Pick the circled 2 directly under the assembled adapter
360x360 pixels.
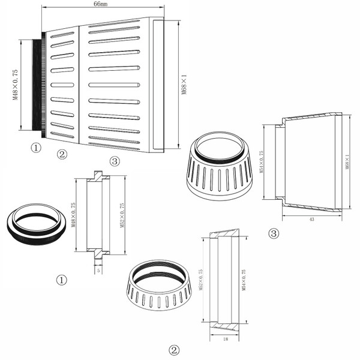click(61, 155)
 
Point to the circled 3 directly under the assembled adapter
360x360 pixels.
click(115, 161)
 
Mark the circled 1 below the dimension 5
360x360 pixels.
click(61, 280)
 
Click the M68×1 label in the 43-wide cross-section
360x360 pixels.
click(347, 161)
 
